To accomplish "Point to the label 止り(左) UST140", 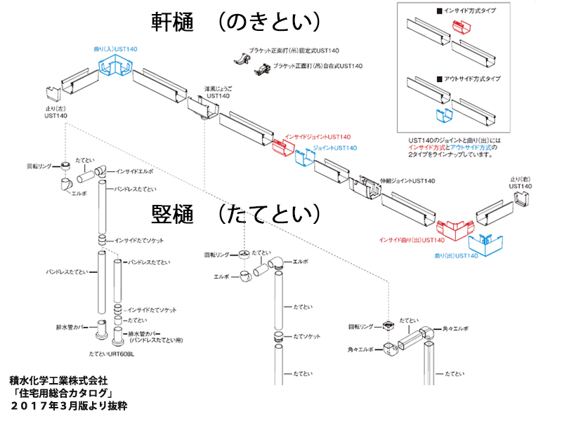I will point(55,112).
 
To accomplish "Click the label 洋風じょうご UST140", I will point(218,92).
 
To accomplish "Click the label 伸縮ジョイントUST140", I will point(407,181).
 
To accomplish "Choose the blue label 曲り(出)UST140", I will point(457,256).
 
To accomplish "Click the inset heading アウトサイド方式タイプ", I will point(473,79).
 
